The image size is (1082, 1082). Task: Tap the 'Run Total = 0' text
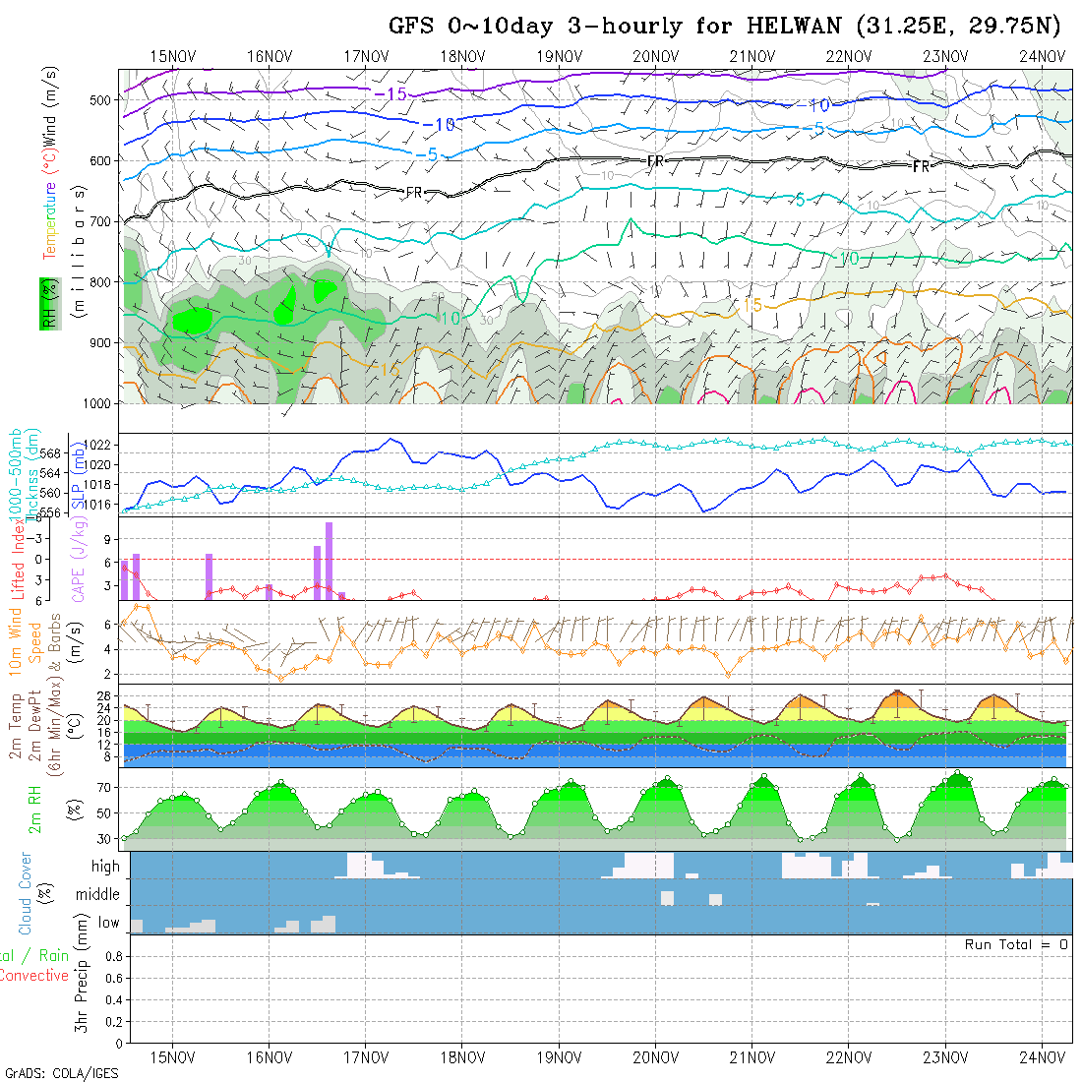tap(1016, 944)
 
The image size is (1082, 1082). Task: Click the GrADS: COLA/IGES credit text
tap(61, 1073)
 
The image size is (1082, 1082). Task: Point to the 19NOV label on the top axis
tap(558, 56)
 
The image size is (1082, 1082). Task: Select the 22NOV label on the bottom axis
tap(848, 1057)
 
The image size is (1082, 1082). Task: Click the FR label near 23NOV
tap(921, 166)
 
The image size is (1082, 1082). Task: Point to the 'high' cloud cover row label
tap(105, 867)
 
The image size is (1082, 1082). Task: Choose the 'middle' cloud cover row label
tap(98, 895)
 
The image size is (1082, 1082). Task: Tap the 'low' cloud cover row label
tap(108, 923)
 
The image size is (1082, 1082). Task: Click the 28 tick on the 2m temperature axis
tap(106, 694)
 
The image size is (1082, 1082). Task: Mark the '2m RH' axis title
tap(35, 810)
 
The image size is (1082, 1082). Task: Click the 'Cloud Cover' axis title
tap(26, 894)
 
